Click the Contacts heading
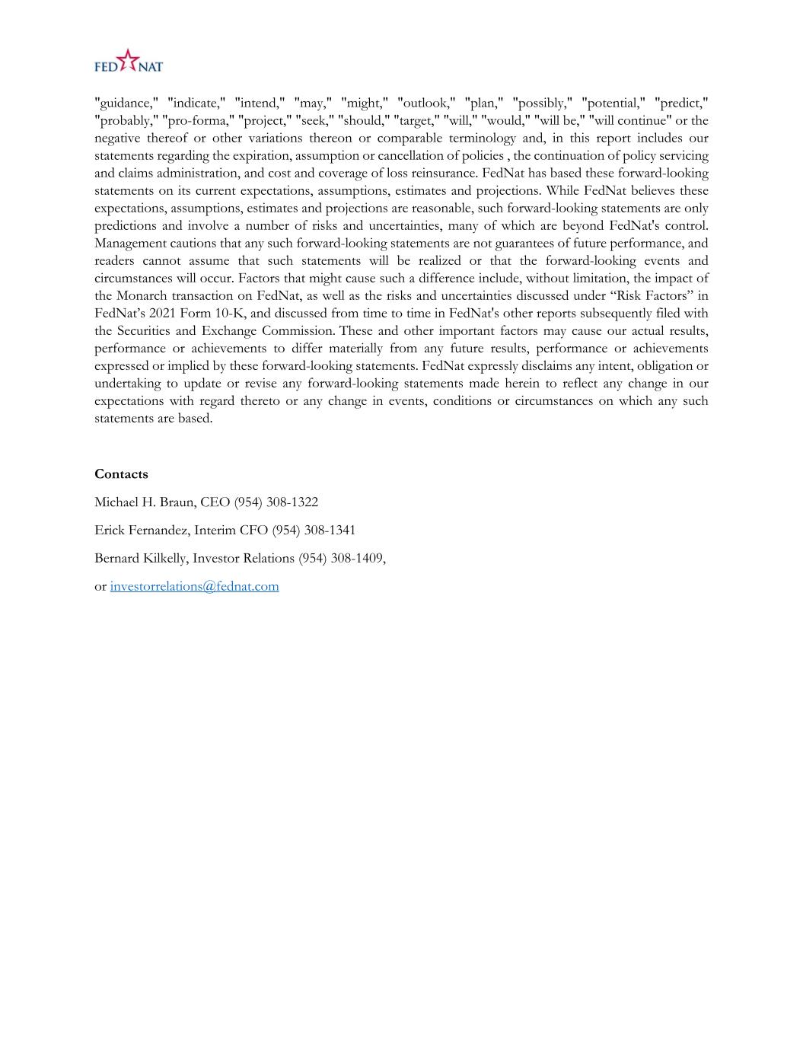point(121,473)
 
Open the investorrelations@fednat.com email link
point(194,586)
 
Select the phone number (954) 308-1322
point(276,502)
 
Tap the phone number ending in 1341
point(313,531)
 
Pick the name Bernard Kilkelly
point(140,559)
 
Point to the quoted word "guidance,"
point(126,103)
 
